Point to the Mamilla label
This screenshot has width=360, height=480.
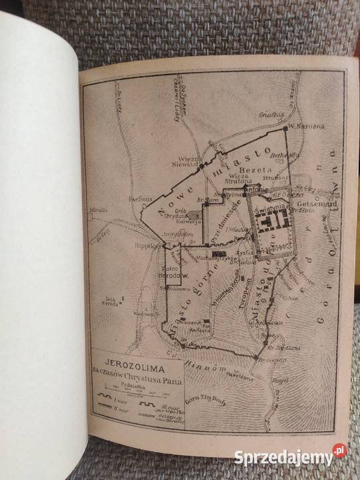(99, 210)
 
